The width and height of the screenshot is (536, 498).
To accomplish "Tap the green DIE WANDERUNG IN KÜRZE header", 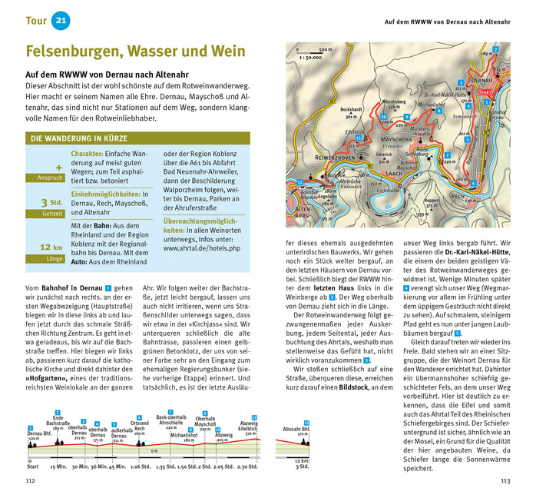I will click(x=79, y=139).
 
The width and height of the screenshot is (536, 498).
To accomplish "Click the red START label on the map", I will click(x=485, y=91).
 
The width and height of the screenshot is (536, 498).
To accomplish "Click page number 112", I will click(x=31, y=482).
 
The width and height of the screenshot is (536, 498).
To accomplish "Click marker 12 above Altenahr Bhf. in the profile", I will click(x=306, y=423).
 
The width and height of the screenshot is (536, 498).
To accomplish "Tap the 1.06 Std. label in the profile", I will click(x=140, y=466).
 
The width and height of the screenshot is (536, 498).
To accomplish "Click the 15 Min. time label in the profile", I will click(x=58, y=466).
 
